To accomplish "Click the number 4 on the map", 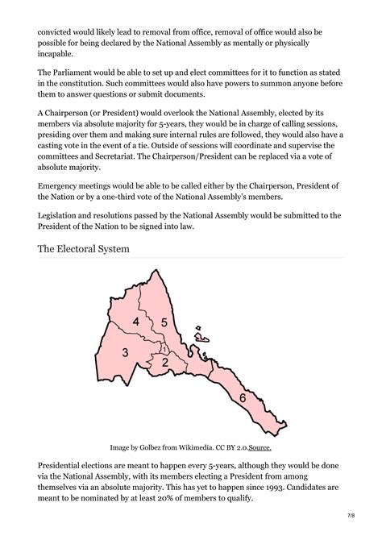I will (x=136, y=322).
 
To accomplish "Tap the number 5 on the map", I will (x=164, y=322).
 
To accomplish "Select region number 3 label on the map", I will (x=126, y=352).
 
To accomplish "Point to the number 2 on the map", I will (x=164, y=363).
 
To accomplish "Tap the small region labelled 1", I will (x=164, y=349).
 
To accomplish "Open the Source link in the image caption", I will (x=260, y=447).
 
